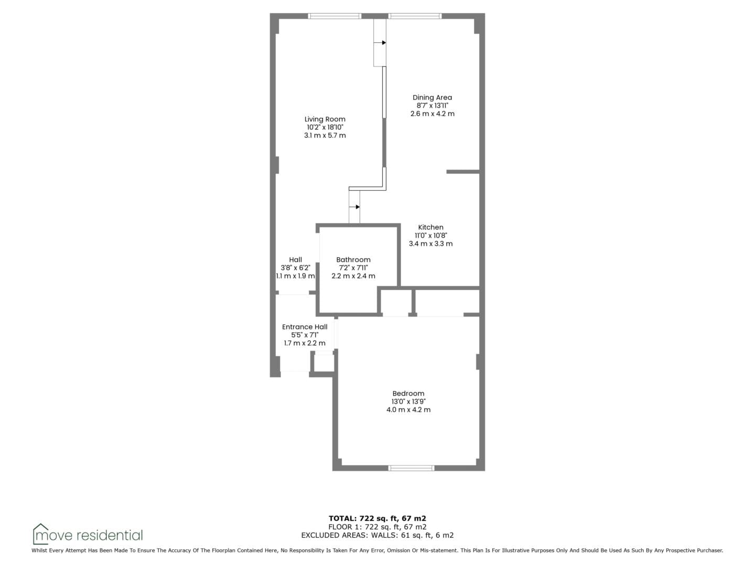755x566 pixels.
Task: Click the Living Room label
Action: tap(325, 119)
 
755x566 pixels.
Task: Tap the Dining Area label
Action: tap(432, 97)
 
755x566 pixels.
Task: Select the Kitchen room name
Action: tap(430, 227)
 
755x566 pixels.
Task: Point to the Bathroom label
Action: tap(353, 260)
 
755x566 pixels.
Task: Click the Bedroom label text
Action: tap(408, 394)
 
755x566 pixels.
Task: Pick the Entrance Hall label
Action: tap(305, 327)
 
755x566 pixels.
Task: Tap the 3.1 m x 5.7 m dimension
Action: tap(325, 135)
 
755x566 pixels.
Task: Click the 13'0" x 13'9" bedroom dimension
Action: tap(408, 401)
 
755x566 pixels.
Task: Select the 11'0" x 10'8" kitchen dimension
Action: tap(430, 235)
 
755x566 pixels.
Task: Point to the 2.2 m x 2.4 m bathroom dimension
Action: tap(353, 276)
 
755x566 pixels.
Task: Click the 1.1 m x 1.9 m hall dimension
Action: tap(295, 276)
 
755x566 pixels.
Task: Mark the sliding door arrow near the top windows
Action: tap(380, 42)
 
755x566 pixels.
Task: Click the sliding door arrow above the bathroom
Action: tap(354, 207)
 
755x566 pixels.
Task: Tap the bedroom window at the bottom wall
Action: tap(412, 467)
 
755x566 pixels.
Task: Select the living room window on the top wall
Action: tap(335, 16)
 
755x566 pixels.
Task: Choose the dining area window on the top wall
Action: tap(415, 16)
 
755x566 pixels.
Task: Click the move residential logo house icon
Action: tap(40, 534)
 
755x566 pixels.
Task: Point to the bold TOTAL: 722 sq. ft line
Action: tap(377, 518)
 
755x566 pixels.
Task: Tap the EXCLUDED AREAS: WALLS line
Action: tap(377, 535)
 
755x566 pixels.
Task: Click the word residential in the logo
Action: tap(110, 536)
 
